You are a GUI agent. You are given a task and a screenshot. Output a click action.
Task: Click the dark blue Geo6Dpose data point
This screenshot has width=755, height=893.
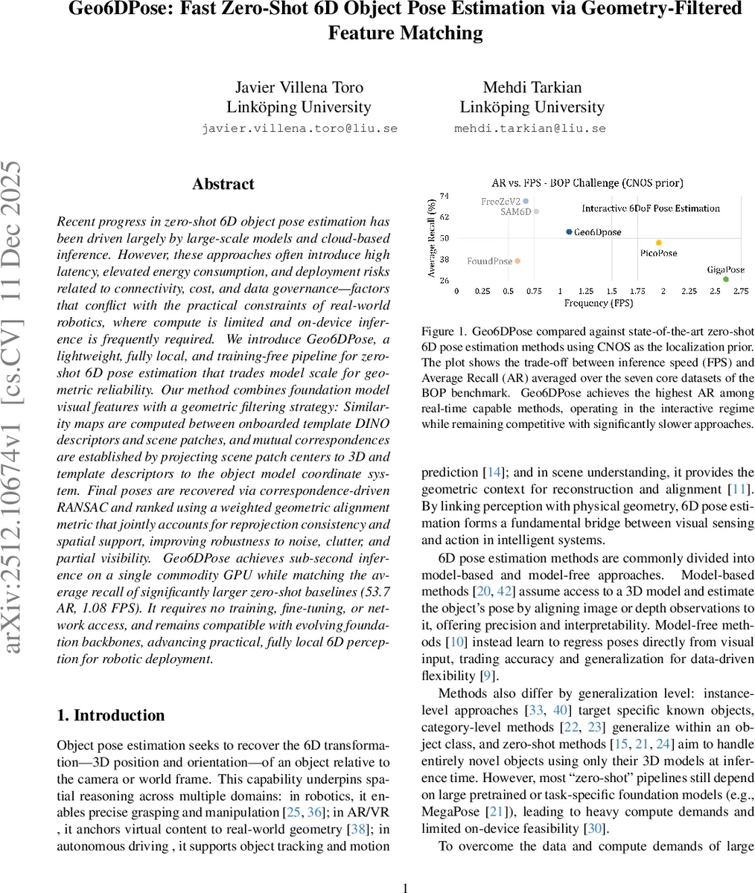tap(569, 232)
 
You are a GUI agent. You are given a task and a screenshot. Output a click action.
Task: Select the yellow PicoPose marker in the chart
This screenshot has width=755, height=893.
tap(658, 243)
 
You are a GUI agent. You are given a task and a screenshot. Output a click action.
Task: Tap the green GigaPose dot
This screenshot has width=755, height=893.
tap(726, 279)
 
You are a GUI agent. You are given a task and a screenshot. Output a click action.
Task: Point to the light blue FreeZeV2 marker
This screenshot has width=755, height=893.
tap(526, 201)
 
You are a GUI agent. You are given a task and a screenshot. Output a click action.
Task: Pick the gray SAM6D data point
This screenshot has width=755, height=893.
tap(536, 211)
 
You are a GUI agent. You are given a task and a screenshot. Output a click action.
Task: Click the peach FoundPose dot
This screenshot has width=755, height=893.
tap(517, 260)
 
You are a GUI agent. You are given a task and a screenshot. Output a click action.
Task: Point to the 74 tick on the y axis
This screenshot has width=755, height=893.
tap(444, 196)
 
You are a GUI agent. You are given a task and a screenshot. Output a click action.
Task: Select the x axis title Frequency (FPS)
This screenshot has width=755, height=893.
tap(599, 304)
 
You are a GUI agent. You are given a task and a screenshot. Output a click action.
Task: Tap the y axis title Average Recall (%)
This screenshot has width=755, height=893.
tap(432, 238)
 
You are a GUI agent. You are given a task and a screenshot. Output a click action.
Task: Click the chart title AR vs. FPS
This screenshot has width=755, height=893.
tap(587, 182)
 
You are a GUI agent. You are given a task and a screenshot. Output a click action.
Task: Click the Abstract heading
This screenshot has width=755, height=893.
tap(223, 184)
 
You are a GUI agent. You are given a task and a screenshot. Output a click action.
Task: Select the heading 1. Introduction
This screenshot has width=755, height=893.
tap(111, 716)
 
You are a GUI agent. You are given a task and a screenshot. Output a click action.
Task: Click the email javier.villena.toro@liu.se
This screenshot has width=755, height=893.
tap(299, 128)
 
